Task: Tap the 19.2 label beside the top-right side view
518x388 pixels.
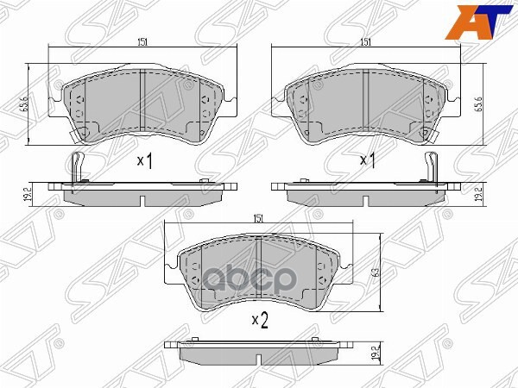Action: (x=477, y=196)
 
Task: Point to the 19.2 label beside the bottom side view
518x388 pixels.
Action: (x=379, y=353)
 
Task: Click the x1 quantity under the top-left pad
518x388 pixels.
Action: (x=145, y=160)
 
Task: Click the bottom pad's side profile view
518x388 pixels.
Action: (x=260, y=353)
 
